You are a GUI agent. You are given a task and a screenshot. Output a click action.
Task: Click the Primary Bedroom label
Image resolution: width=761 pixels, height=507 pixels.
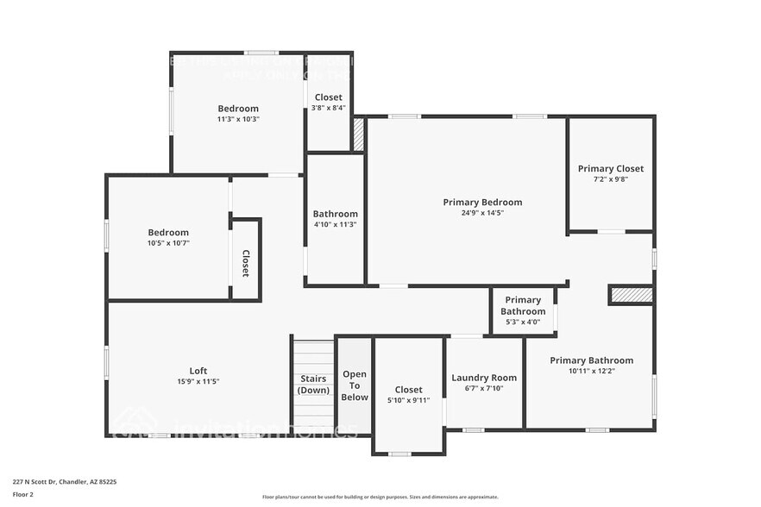(482, 203)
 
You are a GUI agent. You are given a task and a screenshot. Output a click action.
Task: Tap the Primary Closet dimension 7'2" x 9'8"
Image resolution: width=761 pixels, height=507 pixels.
(610, 179)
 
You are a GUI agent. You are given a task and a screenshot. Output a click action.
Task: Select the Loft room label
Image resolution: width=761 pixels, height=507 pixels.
(198, 371)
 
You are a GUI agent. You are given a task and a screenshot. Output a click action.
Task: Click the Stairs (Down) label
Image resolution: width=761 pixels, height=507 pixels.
(313, 385)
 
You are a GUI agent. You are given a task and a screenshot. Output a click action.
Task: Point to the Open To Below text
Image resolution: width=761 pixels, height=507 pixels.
(355, 385)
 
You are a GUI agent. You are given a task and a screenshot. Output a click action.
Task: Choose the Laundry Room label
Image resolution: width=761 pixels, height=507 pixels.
(484, 378)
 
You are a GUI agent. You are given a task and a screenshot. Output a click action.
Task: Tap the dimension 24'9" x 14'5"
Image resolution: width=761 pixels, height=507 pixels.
(482, 213)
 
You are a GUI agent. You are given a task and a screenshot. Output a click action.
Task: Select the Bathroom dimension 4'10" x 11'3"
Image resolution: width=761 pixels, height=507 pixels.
(335, 224)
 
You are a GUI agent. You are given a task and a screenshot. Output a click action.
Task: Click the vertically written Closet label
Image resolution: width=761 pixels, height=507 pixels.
(245, 263)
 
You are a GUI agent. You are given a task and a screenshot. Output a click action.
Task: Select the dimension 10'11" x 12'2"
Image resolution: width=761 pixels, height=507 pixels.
(591, 371)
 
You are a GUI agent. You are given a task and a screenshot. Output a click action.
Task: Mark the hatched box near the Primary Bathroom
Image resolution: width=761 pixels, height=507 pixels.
(631, 295)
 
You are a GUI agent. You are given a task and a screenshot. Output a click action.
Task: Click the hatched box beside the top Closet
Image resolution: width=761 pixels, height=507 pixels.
(358, 134)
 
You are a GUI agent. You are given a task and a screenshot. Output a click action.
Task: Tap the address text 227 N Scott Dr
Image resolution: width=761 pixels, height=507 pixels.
(65, 482)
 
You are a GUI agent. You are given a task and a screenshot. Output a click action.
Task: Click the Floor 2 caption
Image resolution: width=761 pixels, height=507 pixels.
(23, 494)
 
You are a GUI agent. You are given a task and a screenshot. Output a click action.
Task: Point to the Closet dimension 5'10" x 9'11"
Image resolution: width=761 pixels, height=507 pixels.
(408, 400)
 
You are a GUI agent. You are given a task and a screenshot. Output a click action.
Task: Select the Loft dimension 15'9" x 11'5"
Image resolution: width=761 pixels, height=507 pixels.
(198, 381)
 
